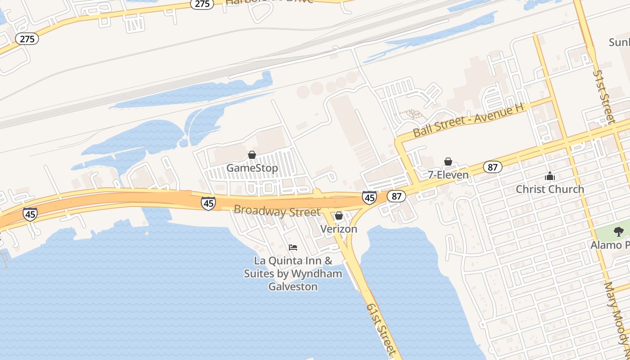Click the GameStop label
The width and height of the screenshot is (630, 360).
click(x=252, y=168)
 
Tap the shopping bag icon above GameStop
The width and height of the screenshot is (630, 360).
click(x=252, y=155)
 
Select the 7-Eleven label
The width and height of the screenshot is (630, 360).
click(x=448, y=175)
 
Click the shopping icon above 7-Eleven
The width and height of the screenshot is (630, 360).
click(x=448, y=162)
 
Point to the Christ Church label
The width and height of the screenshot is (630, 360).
click(x=550, y=189)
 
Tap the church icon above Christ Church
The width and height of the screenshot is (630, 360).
click(x=550, y=176)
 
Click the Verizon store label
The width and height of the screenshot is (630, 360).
click(x=339, y=229)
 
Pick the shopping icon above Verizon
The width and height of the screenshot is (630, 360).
click(x=339, y=216)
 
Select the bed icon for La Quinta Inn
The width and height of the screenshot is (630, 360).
click(x=293, y=247)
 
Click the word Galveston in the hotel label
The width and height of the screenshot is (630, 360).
click(x=293, y=286)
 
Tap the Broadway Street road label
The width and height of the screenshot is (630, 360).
click(x=277, y=211)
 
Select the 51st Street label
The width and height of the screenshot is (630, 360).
click(x=603, y=97)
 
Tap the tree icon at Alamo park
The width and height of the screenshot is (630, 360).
click(x=619, y=232)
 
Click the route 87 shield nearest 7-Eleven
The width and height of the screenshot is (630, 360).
click(x=493, y=167)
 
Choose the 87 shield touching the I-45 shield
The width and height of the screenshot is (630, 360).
click(x=396, y=196)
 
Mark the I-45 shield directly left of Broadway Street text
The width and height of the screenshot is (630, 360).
click(x=208, y=203)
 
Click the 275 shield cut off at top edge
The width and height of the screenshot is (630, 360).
click(x=202, y=4)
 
